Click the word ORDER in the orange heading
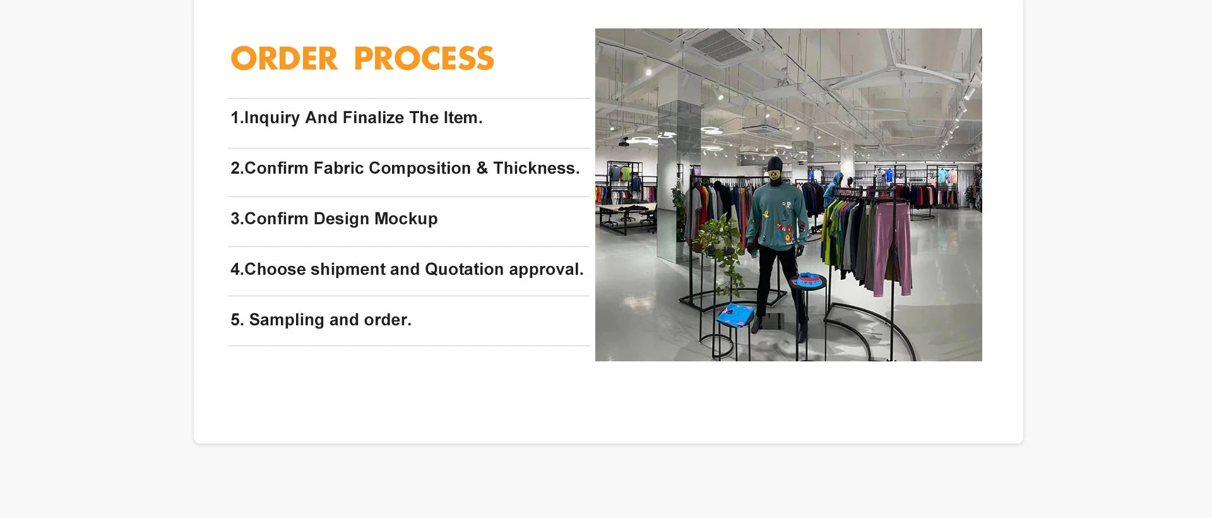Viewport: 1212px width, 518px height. point(284,59)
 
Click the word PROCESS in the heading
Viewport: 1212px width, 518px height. point(424,59)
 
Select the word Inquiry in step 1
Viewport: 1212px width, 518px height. point(271,118)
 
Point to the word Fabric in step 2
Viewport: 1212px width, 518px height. point(338,168)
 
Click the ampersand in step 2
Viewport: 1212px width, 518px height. point(482,168)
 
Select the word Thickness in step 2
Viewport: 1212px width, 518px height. point(534,168)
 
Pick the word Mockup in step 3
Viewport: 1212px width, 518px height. point(406,219)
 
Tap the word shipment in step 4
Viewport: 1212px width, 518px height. point(348,270)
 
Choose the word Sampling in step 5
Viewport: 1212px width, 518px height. point(287,320)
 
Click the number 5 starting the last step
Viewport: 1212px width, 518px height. point(235,320)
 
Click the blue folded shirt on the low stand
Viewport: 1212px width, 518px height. point(736,314)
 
